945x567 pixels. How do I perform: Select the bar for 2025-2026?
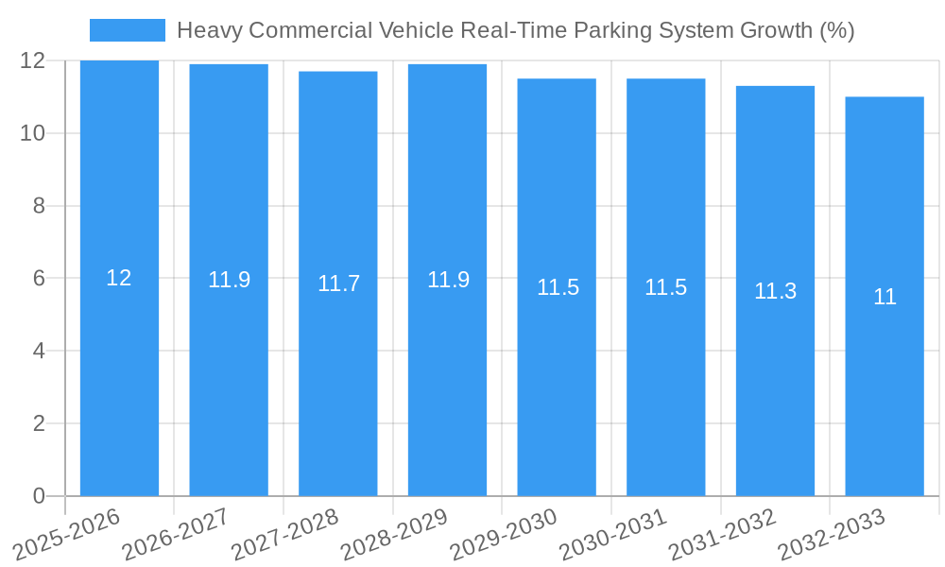point(119,378)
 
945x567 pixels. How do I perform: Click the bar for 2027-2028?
point(338,378)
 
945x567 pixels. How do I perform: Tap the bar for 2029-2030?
point(557,378)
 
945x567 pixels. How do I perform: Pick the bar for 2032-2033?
point(885,378)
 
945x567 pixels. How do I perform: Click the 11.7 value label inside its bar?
point(338,283)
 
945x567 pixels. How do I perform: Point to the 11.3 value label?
point(775,291)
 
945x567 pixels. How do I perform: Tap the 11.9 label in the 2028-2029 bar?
point(448,280)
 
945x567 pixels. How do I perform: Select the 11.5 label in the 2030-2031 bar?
point(665,287)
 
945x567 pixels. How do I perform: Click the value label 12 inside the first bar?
point(119,278)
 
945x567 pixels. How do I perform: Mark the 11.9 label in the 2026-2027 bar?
point(229,280)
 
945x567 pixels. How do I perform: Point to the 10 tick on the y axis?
point(33,133)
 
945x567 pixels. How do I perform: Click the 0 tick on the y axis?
point(39,496)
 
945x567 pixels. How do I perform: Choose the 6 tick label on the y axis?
point(39,278)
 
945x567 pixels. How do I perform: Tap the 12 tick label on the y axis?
point(33,60)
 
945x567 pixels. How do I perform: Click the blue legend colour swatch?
point(127,30)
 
